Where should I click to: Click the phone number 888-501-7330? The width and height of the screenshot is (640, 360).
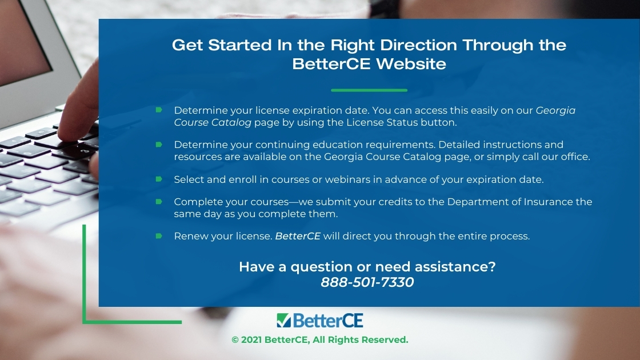pyautogui.click(x=367, y=282)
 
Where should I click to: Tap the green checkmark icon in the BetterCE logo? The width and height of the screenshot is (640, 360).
pyautogui.click(x=283, y=321)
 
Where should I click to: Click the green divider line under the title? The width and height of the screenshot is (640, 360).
pyautogui.click(x=369, y=90)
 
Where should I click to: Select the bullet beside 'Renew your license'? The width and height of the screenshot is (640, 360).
pyautogui.click(x=159, y=236)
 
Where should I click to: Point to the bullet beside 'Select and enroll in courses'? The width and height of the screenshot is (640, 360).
pyautogui.click(x=159, y=179)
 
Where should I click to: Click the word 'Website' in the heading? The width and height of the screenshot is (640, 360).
pyautogui.click(x=411, y=63)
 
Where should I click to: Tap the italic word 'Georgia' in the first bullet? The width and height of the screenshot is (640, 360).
pyautogui.click(x=555, y=111)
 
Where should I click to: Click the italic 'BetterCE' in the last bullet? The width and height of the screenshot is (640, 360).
pyautogui.click(x=298, y=237)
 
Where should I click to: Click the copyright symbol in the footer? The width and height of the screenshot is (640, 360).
pyautogui.click(x=235, y=340)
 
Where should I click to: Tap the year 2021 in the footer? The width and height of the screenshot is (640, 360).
pyautogui.click(x=251, y=340)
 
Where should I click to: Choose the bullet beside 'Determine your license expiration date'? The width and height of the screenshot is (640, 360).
pyautogui.click(x=159, y=110)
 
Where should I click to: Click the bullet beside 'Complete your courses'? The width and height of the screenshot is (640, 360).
pyautogui.click(x=159, y=201)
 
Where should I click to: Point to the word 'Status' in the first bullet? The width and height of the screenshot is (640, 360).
pyautogui.click(x=397, y=122)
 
